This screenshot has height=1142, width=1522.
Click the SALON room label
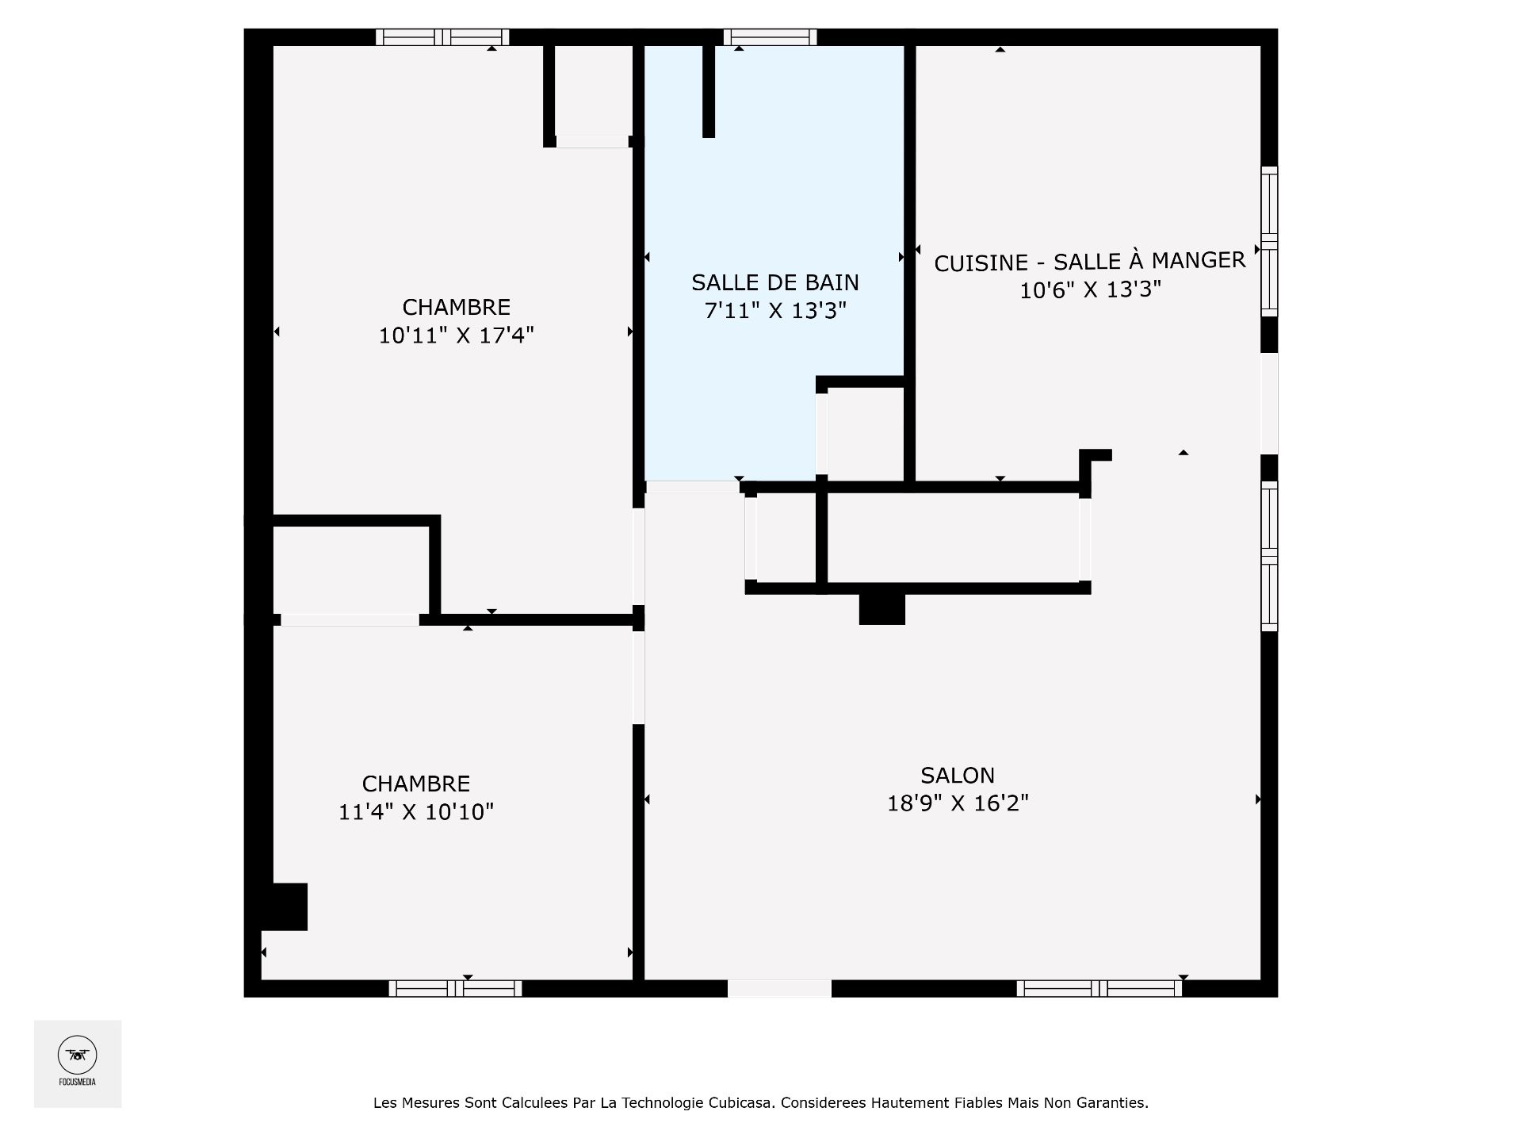pos(958,775)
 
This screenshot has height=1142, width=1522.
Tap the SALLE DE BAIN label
pos(775,282)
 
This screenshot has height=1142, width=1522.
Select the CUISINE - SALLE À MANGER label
pos(1090,261)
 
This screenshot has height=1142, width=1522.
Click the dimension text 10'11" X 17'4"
pos(457,335)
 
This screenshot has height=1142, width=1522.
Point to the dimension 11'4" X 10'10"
pos(416,812)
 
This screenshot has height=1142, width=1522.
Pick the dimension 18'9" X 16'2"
pos(958,803)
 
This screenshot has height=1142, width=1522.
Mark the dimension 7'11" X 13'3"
pos(775,310)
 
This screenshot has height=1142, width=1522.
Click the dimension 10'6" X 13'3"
pos(1090,290)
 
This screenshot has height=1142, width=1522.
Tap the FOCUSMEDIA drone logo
pos(78,1056)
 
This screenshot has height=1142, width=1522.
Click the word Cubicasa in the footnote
pos(743,1103)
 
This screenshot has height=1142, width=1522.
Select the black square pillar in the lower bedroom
pos(285,906)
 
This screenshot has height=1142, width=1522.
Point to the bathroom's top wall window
pos(770,36)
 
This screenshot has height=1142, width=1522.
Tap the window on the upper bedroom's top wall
pos(442,36)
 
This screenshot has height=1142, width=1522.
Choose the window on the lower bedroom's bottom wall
pos(455,988)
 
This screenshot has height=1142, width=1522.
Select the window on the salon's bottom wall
pos(1099,988)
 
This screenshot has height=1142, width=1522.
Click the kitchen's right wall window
pos(1269,242)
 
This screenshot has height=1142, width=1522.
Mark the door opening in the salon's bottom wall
pos(779,988)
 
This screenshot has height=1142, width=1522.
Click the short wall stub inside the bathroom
pos(709,91)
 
